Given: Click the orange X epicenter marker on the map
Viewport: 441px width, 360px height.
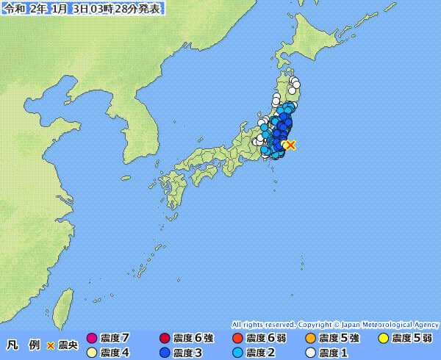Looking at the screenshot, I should click(290, 145).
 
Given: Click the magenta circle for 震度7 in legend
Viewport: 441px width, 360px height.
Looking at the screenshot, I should click(92, 339).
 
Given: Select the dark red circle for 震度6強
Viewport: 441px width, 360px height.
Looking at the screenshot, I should click(165, 339).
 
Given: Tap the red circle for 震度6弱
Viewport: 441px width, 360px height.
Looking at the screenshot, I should click(237, 339).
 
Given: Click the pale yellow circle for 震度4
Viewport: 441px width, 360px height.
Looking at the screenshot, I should click(92, 353).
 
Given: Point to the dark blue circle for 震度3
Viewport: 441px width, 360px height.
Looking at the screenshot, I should click(165, 353).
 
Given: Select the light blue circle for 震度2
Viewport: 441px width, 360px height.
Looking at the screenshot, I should click(237, 353).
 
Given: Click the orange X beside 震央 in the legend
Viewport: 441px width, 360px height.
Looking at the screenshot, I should click(51, 345).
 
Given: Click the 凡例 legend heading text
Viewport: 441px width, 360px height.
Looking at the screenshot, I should click(23, 345).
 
